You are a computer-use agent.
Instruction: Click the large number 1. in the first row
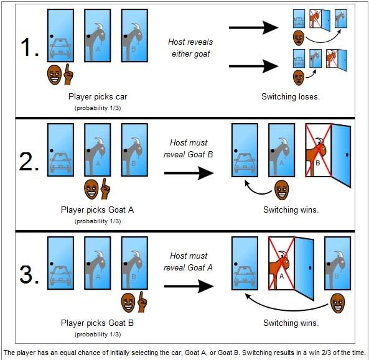click(x=29, y=47)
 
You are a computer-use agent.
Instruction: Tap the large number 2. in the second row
click(x=29, y=161)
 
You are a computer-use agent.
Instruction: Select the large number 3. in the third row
click(x=29, y=274)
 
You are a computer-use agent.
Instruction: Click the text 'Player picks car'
click(x=98, y=96)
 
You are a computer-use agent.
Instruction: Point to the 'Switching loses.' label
click(x=291, y=96)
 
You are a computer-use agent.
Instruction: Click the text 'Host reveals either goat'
click(x=190, y=48)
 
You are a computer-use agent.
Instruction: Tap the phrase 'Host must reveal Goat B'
click(x=189, y=149)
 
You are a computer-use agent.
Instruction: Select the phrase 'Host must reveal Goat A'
click(x=189, y=262)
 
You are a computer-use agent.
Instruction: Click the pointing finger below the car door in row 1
click(x=68, y=75)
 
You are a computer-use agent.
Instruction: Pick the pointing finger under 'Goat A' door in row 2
click(x=105, y=189)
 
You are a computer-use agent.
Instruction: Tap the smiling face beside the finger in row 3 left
click(x=128, y=302)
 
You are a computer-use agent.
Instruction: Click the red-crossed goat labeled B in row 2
click(x=317, y=156)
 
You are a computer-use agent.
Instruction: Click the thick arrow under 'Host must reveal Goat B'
click(x=189, y=173)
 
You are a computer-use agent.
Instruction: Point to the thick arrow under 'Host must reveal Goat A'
click(x=189, y=286)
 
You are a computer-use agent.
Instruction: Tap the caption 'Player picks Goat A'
click(x=98, y=210)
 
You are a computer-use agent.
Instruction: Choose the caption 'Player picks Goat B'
click(x=98, y=323)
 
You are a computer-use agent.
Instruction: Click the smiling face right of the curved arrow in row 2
click(x=282, y=190)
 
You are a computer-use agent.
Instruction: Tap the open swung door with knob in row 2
click(x=341, y=155)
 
